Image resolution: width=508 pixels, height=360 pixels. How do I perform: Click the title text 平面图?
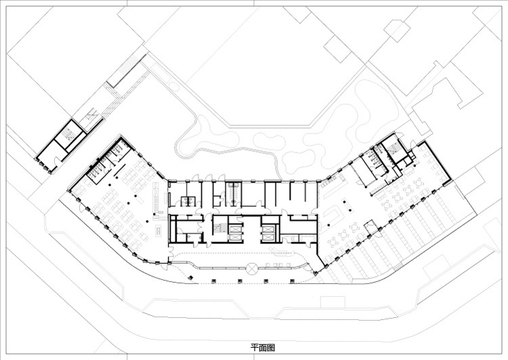pyautogui.click(x=263, y=348)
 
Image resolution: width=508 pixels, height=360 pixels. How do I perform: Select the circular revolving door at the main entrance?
pyautogui.click(x=251, y=268)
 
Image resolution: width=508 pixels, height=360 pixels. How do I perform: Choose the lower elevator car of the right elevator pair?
pyautogui.click(x=268, y=237)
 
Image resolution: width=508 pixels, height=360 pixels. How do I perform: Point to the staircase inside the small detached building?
pyautogui.click(x=69, y=135)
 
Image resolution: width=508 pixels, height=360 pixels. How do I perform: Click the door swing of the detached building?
pyautogui.click(x=58, y=161)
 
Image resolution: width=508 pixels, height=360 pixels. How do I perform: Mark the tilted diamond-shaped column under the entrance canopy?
pyautogui.click(x=191, y=277)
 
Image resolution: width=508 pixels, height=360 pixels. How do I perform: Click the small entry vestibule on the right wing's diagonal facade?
pyautogui.click(x=369, y=226)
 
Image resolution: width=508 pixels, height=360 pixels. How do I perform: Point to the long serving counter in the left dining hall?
pyautogui.click(x=156, y=198)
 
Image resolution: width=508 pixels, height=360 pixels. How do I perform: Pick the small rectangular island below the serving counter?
pyautogui.click(x=158, y=230)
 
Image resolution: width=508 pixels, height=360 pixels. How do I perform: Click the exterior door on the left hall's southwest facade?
pyautogui.click(x=165, y=265)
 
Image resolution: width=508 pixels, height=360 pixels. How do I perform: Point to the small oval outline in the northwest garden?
pyautogui.click(x=173, y=87)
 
